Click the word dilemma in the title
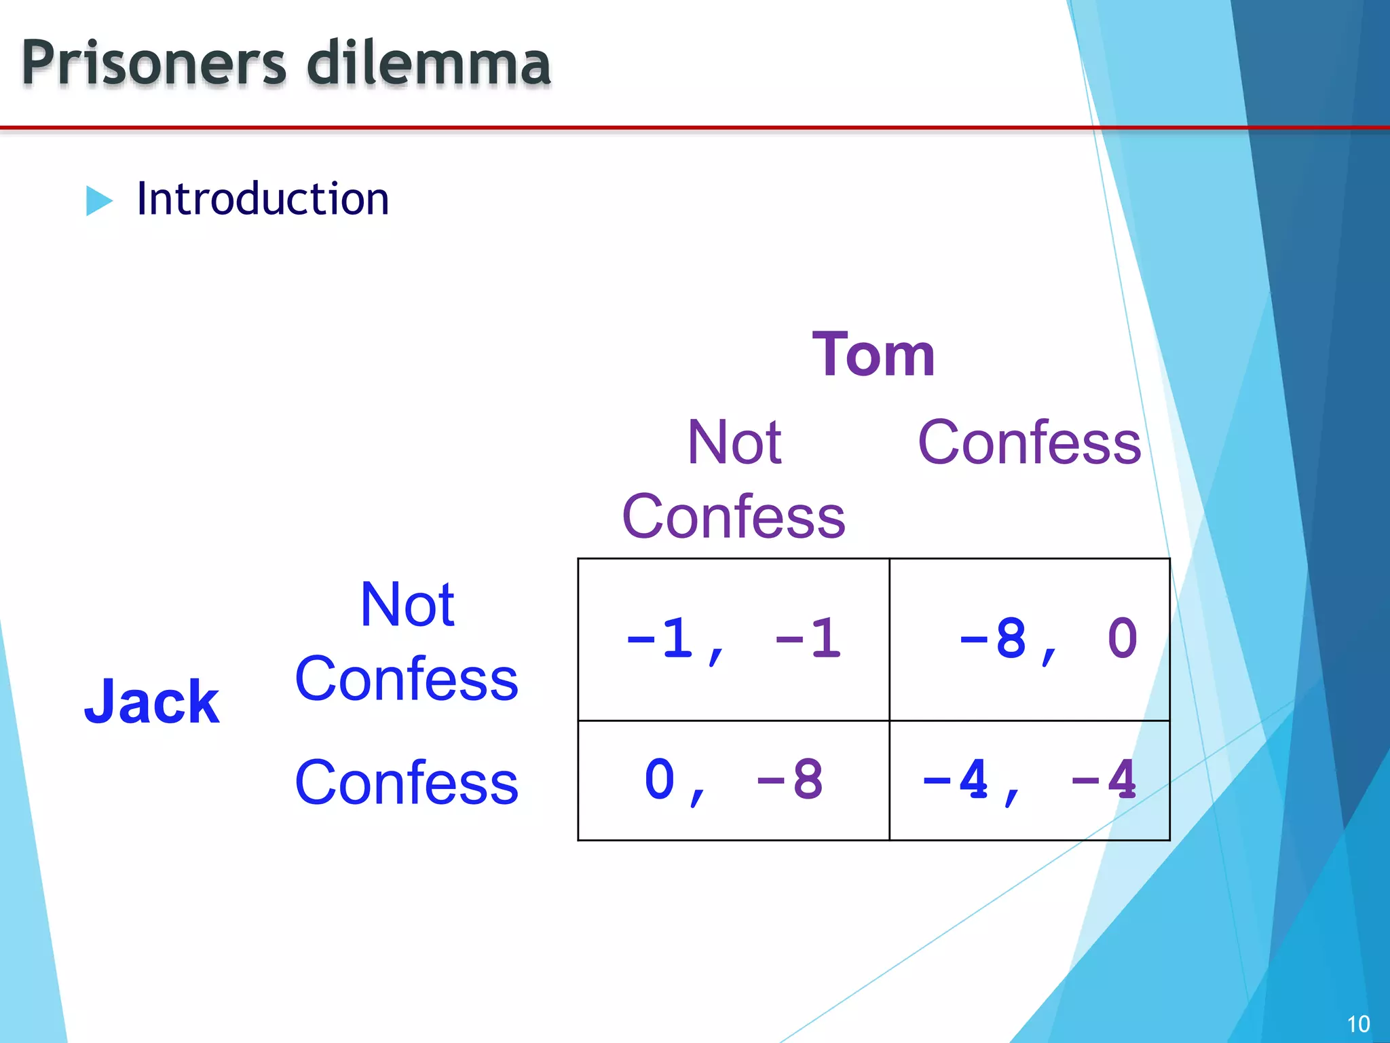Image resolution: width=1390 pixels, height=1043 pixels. pyautogui.click(x=428, y=63)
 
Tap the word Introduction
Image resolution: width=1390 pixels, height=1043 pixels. pyautogui.click(x=263, y=199)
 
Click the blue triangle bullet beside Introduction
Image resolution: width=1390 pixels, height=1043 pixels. pyautogui.click(x=99, y=201)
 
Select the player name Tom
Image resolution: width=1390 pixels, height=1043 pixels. pyautogui.click(x=874, y=354)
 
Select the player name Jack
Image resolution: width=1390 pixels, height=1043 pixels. pyautogui.click(x=152, y=701)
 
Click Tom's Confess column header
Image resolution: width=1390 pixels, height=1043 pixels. pyautogui.click(x=1029, y=443)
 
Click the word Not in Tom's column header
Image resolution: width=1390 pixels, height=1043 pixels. pyautogui.click(x=734, y=443)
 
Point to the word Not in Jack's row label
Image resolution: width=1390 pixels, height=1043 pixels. pyautogui.click(x=407, y=604)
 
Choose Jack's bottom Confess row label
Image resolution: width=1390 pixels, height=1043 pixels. pyautogui.click(x=407, y=783)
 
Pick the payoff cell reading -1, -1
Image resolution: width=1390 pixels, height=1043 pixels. pyautogui.click(x=733, y=639)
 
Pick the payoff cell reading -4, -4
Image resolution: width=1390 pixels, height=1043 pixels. pyautogui.click(x=1029, y=780)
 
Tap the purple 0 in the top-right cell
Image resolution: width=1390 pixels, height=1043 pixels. pyautogui.click(x=1122, y=639)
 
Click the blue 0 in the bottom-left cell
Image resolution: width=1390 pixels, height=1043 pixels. pyautogui.click(x=659, y=780)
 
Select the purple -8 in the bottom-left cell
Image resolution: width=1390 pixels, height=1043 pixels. pyautogui.click(x=789, y=780)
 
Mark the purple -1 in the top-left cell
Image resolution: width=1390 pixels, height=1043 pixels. pyautogui.click(x=808, y=639)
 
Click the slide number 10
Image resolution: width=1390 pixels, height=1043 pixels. pyautogui.click(x=1358, y=1024)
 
